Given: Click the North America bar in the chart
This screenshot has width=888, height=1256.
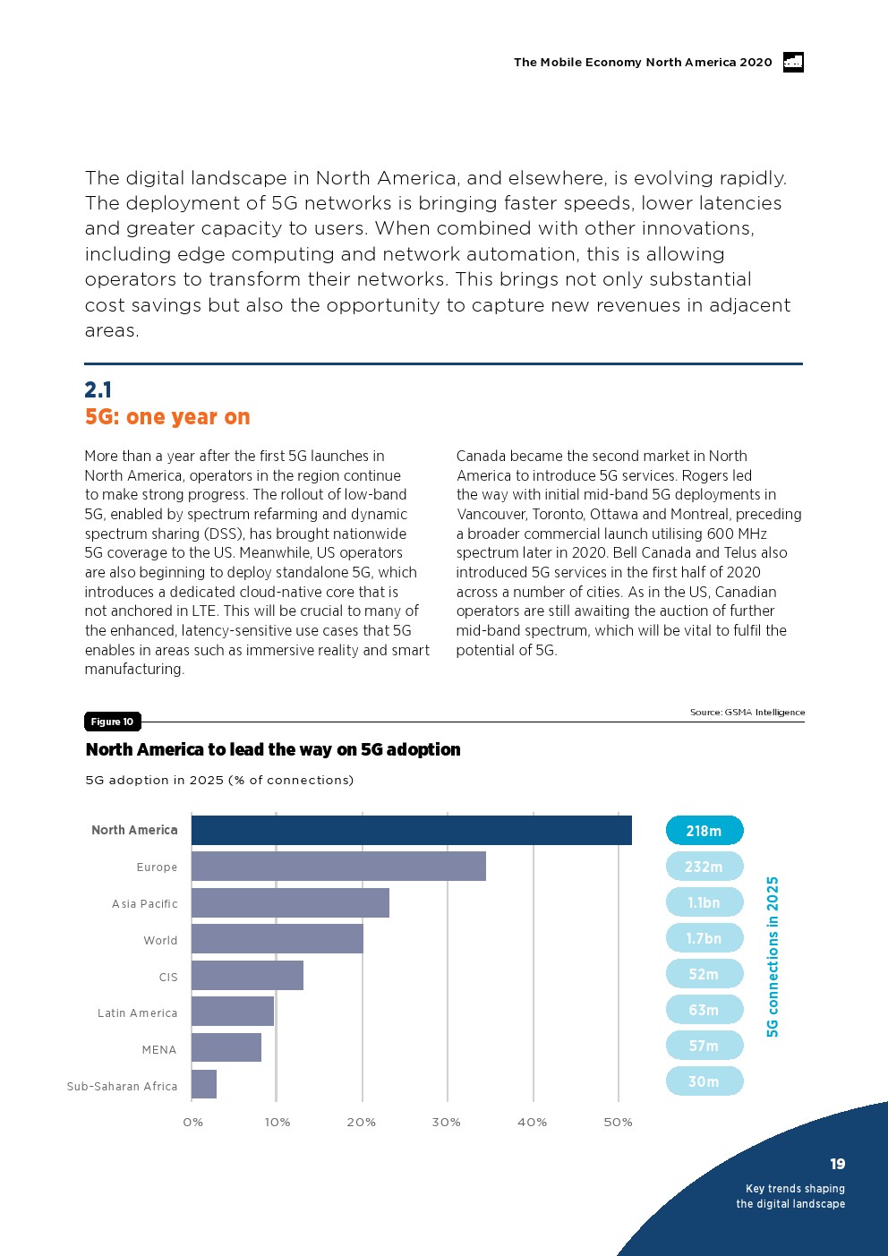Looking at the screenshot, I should (x=411, y=830).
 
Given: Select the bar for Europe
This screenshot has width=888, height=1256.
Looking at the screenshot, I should (x=338, y=866).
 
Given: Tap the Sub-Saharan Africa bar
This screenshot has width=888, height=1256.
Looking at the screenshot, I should (x=204, y=1084).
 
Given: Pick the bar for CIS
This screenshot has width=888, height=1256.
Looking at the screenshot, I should (x=247, y=975).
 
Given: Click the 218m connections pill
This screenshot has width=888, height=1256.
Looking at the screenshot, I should (x=704, y=831).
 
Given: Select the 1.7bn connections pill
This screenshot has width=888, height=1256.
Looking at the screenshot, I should (x=704, y=938).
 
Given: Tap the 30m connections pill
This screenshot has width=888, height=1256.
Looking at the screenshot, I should (x=704, y=1081).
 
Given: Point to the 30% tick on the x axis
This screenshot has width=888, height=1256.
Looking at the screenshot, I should (x=447, y=1123).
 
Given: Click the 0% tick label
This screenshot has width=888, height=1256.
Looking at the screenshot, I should (x=192, y=1123).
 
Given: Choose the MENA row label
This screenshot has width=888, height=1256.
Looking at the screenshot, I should (x=159, y=1049).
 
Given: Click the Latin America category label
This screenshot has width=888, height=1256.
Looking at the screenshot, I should (x=138, y=1012).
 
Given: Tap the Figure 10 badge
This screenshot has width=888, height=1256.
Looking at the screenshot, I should (x=112, y=722).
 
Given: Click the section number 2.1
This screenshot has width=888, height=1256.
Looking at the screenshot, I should (x=98, y=389).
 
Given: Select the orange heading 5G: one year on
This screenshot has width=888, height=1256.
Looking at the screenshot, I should (x=167, y=417).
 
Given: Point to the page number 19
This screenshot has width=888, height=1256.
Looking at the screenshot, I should (x=837, y=1164).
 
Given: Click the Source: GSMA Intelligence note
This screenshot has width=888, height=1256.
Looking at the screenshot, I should (x=747, y=713).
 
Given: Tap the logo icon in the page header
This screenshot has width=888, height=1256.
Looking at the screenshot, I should (x=793, y=62).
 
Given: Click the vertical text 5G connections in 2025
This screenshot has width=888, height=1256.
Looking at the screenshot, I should (x=773, y=956).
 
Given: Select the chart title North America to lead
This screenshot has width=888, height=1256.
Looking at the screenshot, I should (x=273, y=749).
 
